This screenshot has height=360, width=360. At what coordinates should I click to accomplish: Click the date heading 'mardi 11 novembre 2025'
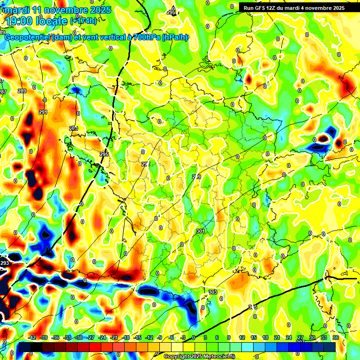56,9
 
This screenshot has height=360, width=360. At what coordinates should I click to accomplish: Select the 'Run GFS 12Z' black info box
293,7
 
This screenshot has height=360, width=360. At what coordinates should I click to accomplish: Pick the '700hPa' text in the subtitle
146,37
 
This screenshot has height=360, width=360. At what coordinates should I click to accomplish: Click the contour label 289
22,91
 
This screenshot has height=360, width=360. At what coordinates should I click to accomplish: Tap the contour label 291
44,112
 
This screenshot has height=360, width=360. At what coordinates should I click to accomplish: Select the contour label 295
104,154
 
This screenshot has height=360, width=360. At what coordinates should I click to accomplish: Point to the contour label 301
201,231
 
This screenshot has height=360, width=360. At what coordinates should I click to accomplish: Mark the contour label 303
213,292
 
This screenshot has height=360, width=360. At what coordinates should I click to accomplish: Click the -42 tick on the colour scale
32,337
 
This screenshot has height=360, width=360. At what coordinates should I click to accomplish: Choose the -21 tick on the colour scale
114,337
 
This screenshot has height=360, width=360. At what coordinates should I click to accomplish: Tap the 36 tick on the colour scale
336,337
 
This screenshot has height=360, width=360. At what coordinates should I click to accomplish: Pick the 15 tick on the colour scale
254,337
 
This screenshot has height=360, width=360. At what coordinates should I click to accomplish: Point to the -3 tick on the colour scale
182,337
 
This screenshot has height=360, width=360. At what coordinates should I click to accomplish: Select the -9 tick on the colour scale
159,337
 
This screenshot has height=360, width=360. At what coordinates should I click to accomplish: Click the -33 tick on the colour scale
67,337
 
